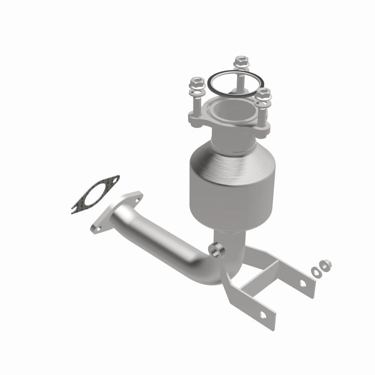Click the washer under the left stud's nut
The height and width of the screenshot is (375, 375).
pyautogui.click(x=196, y=90)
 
